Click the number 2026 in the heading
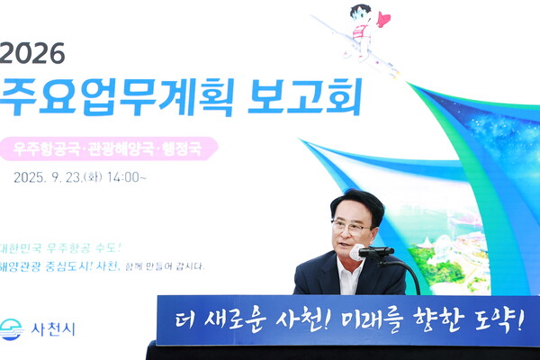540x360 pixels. click(x=33, y=53)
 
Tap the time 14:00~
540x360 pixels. click(x=127, y=177)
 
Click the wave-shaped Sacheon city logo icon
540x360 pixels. click(x=12, y=329)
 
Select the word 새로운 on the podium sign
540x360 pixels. click(x=234, y=320)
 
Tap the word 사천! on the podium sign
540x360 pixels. click(x=311, y=320)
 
